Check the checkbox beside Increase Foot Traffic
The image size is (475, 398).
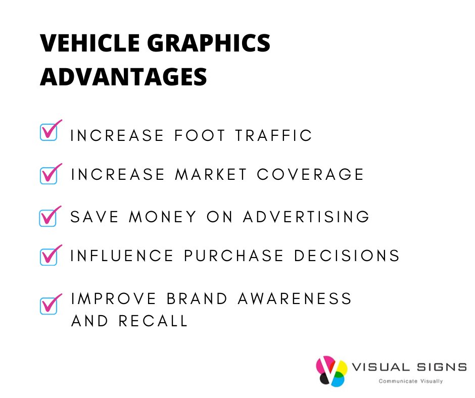point(49,132)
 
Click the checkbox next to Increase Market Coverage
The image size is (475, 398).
point(49,175)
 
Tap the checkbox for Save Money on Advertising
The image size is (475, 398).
point(49,218)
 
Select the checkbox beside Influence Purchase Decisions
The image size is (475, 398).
point(49,256)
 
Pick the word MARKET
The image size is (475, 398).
point(211,174)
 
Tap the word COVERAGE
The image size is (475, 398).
point(310,174)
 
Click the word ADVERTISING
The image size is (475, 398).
point(306,217)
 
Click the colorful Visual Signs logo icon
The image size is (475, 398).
point(331,371)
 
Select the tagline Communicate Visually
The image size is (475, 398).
point(411,381)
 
